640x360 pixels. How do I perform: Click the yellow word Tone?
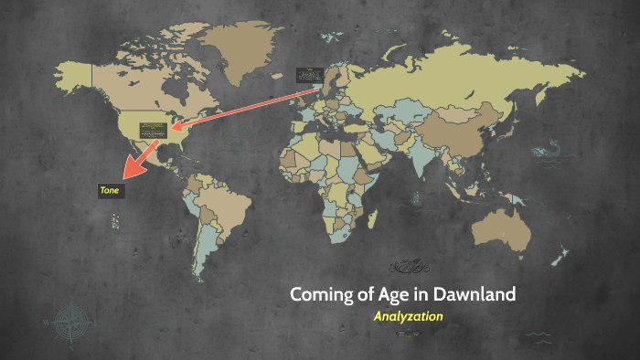(x=110, y=189)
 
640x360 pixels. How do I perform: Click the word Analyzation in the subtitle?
(x=409, y=316)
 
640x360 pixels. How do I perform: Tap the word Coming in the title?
(x=318, y=295)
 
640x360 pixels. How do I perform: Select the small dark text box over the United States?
(x=152, y=130)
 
